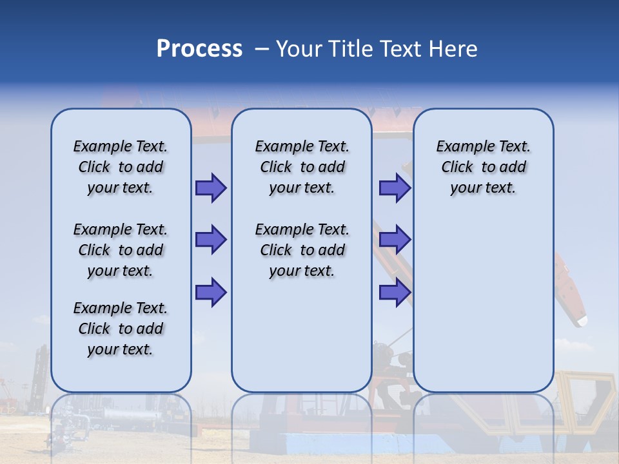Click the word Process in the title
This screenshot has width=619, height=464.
[199, 49]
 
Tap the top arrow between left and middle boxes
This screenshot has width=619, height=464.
[211, 188]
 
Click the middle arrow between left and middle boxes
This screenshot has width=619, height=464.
[211, 240]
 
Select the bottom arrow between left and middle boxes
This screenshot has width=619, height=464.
[211, 292]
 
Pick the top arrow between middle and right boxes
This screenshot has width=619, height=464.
[395, 188]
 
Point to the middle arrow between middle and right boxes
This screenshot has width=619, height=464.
[395, 240]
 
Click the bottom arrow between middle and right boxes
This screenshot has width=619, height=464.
[395, 292]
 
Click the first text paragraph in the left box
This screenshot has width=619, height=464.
[121, 167]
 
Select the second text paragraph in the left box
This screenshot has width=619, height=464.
[121, 250]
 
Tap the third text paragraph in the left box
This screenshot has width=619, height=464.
[121, 329]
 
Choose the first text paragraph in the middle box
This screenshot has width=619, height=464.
[302, 167]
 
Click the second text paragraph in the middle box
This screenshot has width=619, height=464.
[302, 250]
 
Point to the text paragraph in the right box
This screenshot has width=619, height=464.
[483, 167]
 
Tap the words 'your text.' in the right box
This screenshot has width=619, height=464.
[483, 188]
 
